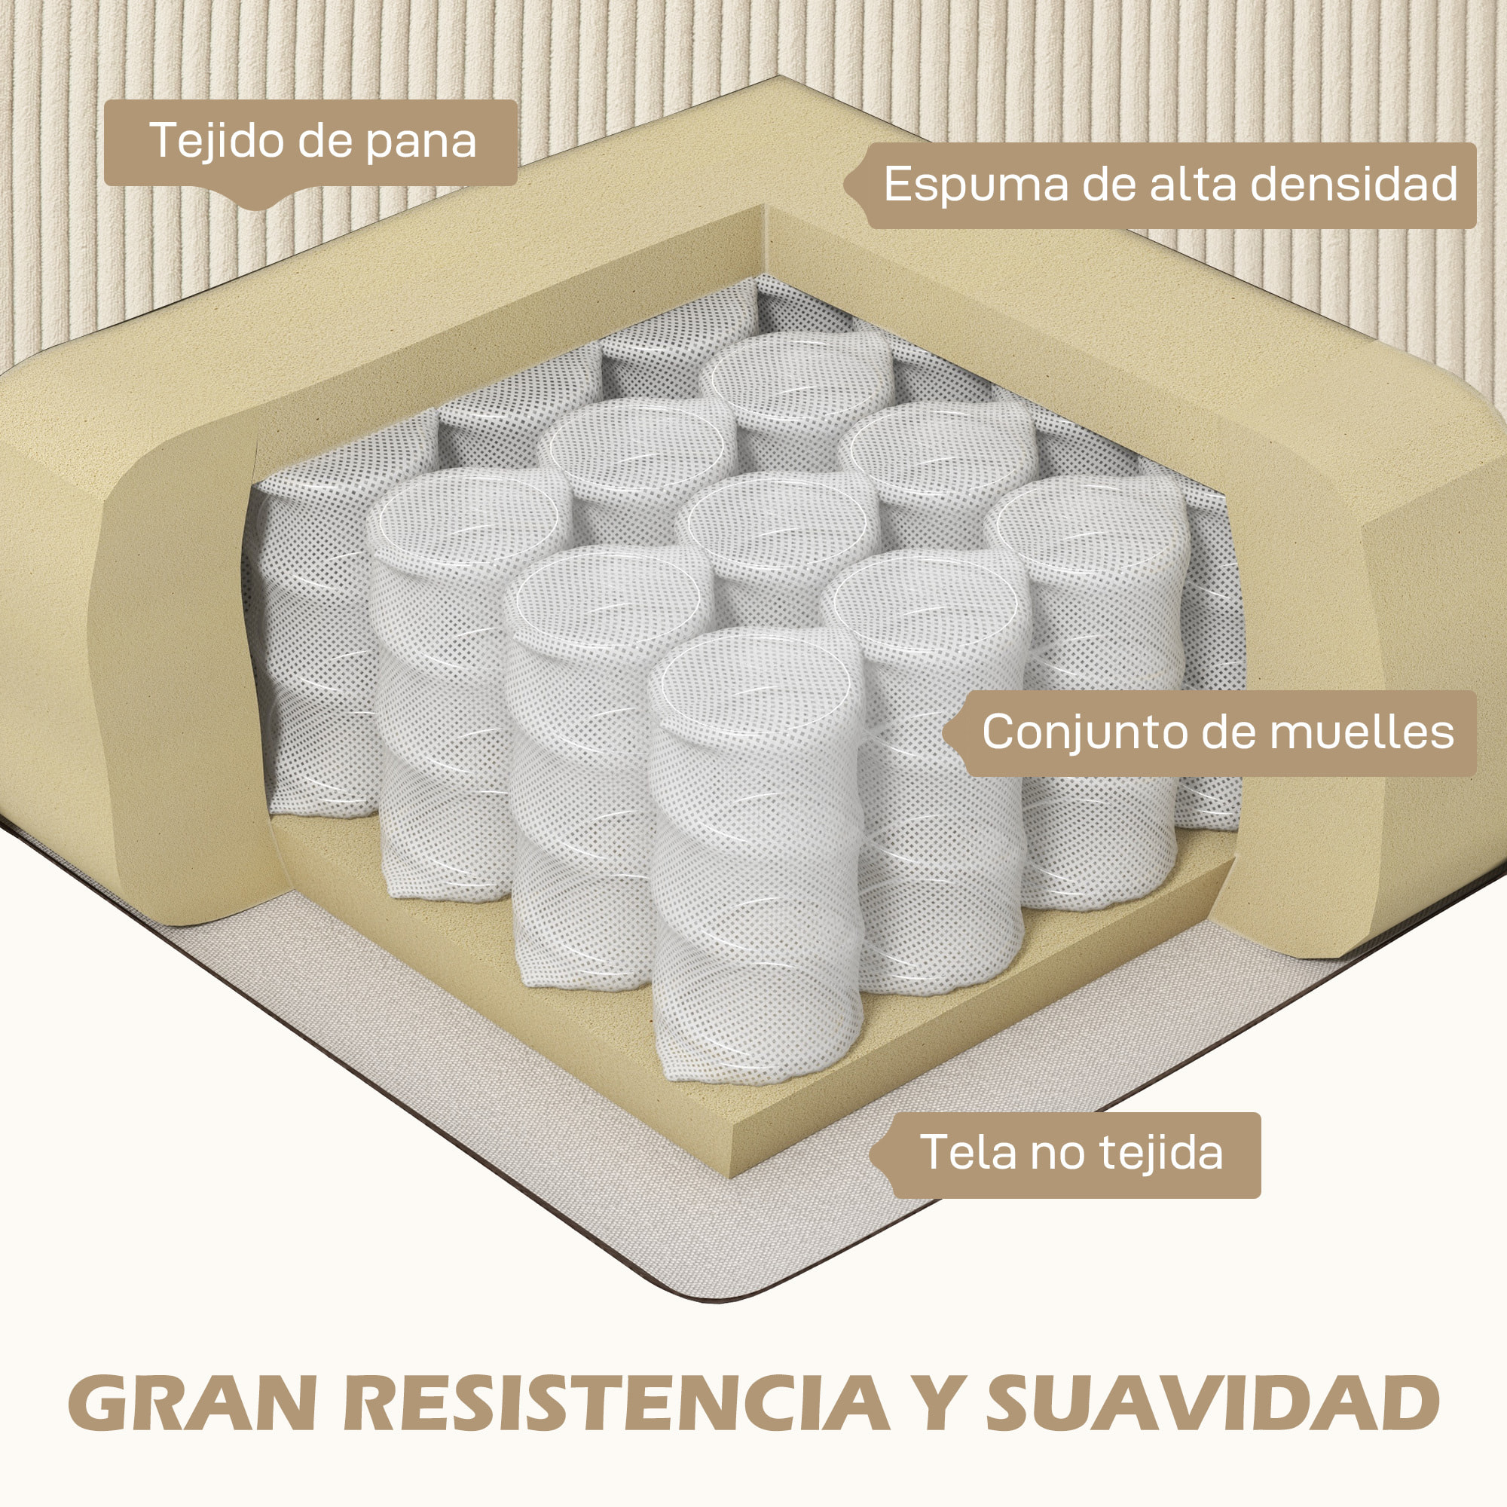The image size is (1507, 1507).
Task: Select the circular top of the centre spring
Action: [778, 522]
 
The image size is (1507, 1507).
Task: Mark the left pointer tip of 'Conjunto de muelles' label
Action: [943, 732]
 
